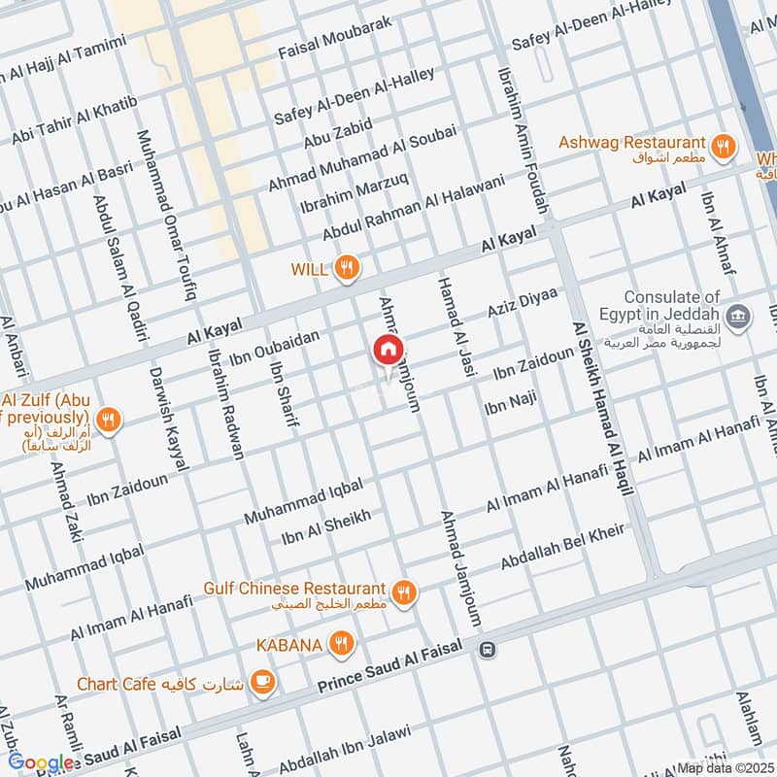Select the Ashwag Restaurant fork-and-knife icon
click(722, 147)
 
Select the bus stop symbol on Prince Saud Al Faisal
click(488, 650)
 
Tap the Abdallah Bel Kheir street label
click(561, 549)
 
